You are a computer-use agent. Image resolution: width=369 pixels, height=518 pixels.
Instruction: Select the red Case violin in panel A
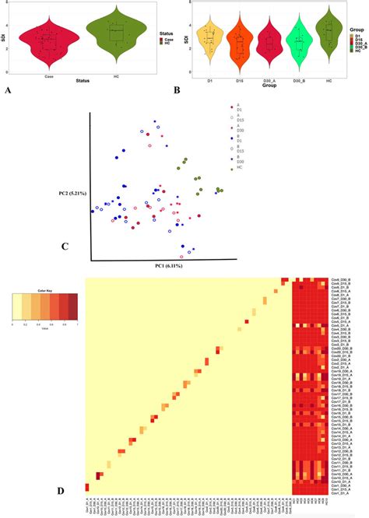click(x=47, y=40)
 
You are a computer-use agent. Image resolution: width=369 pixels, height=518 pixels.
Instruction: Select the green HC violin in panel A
click(x=116, y=36)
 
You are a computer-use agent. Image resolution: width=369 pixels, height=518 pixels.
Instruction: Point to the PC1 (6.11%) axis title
click(x=167, y=267)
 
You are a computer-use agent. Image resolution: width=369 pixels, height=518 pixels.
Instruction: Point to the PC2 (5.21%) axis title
click(x=72, y=193)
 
